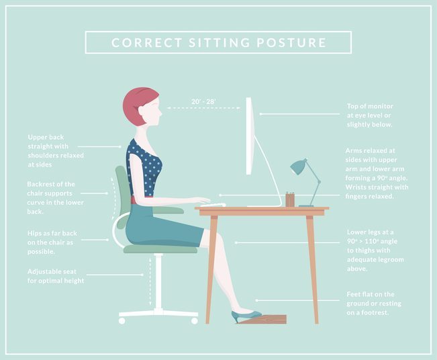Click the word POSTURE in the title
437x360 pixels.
tap(291, 43)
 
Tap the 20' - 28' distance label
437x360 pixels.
tap(203, 101)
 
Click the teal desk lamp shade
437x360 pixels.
tap(298, 167)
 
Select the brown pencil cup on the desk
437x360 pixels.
tap(290, 199)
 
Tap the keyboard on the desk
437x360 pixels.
tap(213, 206)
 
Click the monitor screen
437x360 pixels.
tap(249, 136)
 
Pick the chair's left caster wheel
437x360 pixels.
tap(122, 321)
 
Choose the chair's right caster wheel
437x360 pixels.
tap(194, 321)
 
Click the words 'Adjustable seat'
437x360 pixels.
tap(52, 271)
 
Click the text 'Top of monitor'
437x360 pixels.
tap(370, 106)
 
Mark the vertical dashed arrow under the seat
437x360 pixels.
tap(150, 281)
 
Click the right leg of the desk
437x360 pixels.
tap(312, 269)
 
